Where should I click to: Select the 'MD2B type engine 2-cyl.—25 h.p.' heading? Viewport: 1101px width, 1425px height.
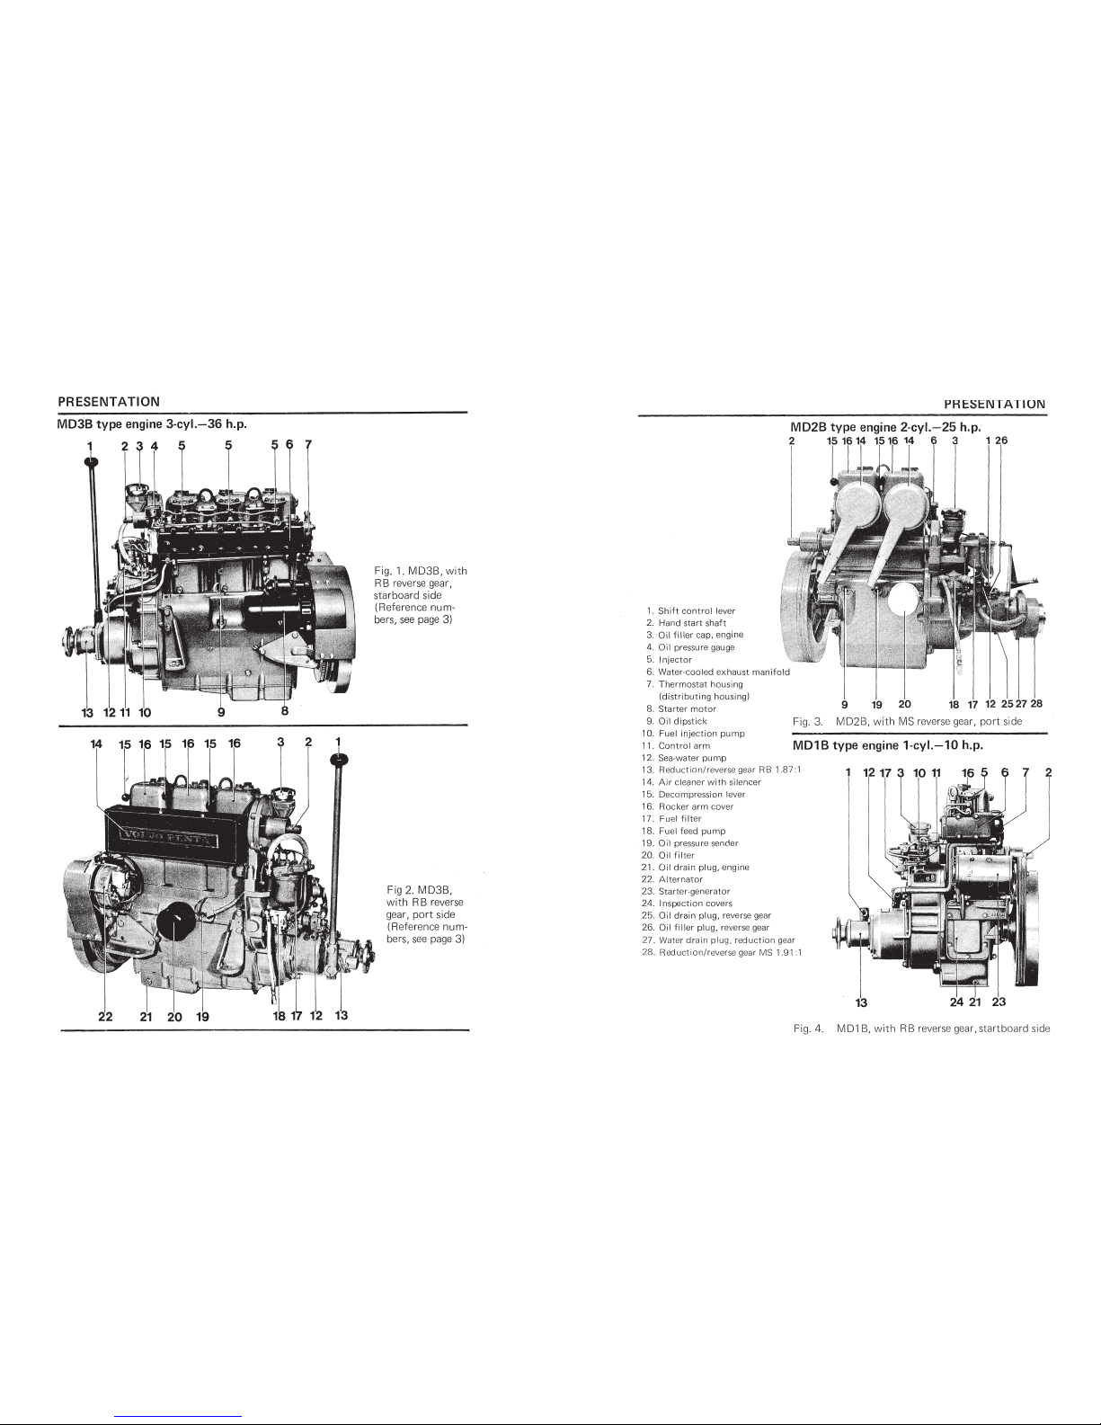coord(885,427)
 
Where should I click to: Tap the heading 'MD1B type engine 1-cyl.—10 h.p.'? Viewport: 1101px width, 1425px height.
coord(888,745)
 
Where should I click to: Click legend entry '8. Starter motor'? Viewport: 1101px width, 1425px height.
coord(681,708)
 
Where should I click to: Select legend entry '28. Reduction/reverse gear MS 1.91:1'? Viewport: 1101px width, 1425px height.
coord(722,952)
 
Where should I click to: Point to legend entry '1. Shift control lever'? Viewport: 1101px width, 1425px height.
coord(691,610)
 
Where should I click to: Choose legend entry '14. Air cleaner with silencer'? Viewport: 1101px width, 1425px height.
coord(701,781)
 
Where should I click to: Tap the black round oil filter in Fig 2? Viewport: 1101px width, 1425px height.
coord(175,922)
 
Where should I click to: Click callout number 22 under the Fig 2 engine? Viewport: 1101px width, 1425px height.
coord(105,1017)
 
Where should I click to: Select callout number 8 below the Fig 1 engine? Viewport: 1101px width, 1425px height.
coord(284,710)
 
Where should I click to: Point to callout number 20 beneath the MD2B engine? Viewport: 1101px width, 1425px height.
coord(904,704)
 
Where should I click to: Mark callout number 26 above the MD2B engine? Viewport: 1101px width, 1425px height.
coord(1001,440)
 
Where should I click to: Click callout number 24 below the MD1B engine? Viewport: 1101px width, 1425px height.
coord(957,1002)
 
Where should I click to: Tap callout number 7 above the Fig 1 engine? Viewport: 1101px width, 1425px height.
coord(308,445)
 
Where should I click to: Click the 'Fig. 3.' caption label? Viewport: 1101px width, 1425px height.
coord(807,721)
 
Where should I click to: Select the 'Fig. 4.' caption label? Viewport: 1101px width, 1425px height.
coord(808,1029)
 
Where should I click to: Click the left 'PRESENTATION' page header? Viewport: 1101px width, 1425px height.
coord(109,401)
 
